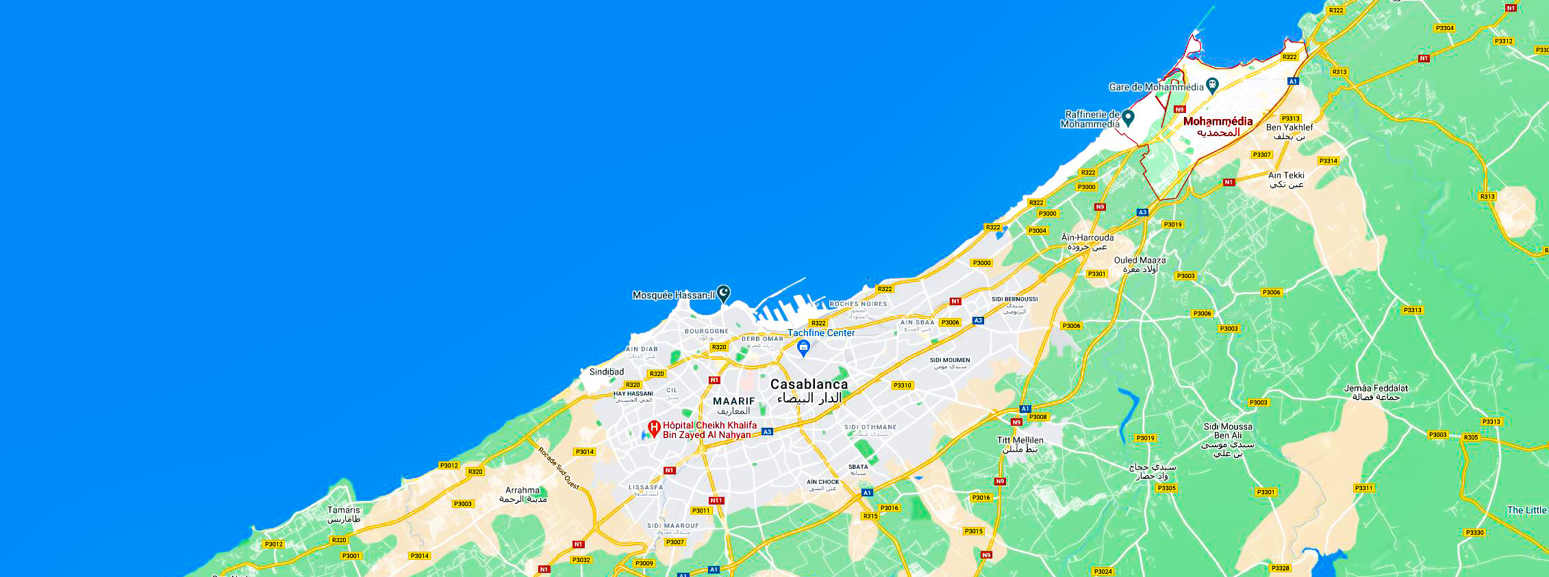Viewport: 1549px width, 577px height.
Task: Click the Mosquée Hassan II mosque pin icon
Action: pos(723,294)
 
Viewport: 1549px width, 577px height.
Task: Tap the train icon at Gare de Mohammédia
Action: pos(1212,86)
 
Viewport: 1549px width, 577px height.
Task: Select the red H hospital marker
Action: pos(654,429)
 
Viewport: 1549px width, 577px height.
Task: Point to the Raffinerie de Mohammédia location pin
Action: pos(1128,118)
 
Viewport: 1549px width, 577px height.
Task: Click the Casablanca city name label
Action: pos(809,385)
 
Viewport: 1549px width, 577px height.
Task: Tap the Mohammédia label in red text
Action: pos(1218,122)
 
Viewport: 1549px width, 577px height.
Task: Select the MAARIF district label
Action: pos(733,401)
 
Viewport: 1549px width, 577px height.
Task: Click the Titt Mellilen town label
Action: pos(1020,440)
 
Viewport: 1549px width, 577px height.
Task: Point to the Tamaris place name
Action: pos(343,510)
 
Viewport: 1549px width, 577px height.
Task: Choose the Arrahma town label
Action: pos(522,490)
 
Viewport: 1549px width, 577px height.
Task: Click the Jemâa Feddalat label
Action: pos(1376,388)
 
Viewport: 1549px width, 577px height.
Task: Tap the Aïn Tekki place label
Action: pos(1286,175)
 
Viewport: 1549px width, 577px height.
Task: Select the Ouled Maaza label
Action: pos(1139,260)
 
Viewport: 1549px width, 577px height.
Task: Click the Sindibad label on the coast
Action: pos(607,372)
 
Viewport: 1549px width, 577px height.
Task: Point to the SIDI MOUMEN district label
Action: pos(950,360)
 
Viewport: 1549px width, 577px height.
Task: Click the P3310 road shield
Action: pos(903,385)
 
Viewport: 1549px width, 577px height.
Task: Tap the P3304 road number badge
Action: pos(1444,28)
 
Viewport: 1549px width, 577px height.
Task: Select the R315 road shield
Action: pos(870,516)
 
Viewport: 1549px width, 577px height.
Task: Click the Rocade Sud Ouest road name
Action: pos(558,468)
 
